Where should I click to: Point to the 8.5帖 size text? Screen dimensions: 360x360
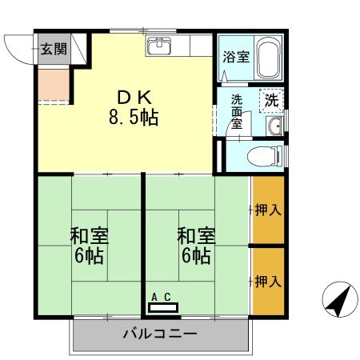[x=134, y=118]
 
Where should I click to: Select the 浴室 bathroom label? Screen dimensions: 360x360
[x=235, y=58]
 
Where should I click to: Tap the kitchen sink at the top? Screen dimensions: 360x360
[x=160, y=46]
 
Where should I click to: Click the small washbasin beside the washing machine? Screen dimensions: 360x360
[x=274, y=126]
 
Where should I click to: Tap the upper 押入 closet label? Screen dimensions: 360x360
[x=268, y=211]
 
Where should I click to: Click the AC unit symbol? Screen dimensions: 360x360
[x=163, y=306]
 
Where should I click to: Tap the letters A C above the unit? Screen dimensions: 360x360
[x=161, y=296]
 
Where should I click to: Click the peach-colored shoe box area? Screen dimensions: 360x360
[x=53, y=85]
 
